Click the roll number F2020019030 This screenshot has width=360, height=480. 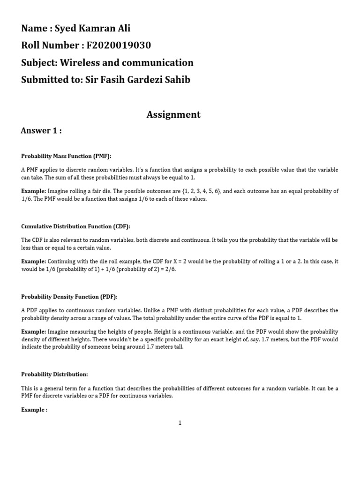click(118, 45)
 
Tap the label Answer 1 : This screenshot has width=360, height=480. click(41, 131)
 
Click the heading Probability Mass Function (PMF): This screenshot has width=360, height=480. click(66, 156)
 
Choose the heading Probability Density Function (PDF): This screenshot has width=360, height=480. click(69, 297)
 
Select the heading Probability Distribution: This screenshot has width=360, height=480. click(54, 374)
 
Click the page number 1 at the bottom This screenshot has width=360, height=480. click(180, 423)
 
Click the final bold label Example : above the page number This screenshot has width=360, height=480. click(34, 409)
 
